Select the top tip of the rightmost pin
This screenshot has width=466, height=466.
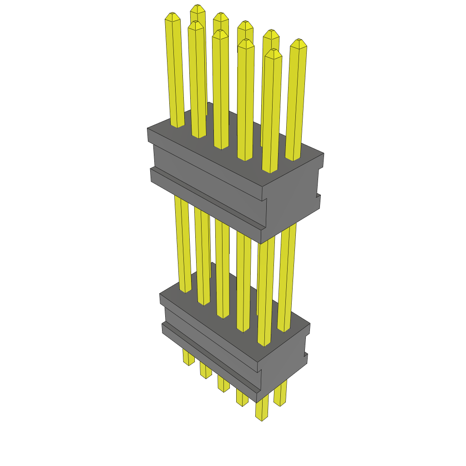(x=299, y=43)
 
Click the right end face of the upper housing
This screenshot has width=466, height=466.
(x=291, y=200)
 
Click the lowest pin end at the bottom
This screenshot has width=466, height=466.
(x=261, y=416)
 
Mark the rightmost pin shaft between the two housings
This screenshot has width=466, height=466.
(x=287, y=273)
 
